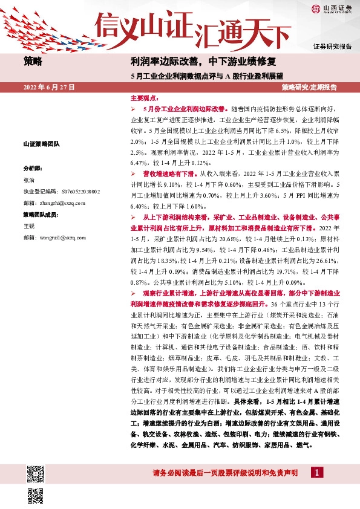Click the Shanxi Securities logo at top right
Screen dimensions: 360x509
pos(331,8)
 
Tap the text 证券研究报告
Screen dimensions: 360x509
pos(332,47)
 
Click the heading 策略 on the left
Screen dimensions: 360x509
pos(33,60)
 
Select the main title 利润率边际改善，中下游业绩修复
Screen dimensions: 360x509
pos(203,61)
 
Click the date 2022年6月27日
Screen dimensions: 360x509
pos(49,88)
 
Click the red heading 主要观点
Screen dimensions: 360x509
pos(143,98)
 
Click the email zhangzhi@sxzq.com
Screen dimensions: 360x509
pos(56,203)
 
